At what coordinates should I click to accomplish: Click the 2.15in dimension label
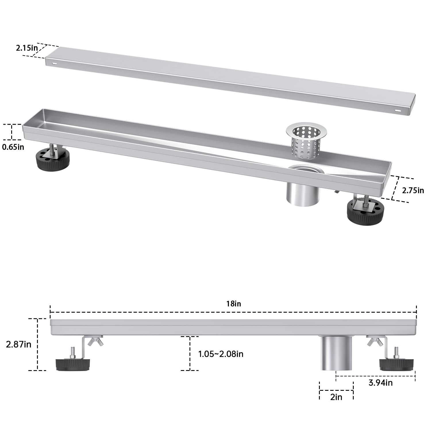point(27,48)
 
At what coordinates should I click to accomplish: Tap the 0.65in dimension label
point(13,147)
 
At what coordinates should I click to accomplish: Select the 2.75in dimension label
point(413,190)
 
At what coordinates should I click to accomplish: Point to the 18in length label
point(233,304)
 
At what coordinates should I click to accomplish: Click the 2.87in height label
point(19,344)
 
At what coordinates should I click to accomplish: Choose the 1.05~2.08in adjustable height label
point(221,354)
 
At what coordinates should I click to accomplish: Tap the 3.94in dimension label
point(380,383)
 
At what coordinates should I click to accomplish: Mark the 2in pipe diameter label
point(336,397)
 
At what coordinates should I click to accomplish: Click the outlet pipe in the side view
point(336,353)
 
